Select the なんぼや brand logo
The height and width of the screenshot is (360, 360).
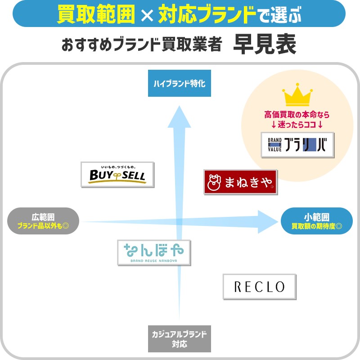coord(153,252)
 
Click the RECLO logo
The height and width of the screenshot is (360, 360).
coord(260,287)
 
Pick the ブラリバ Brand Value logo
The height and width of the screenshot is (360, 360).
coord(297,145)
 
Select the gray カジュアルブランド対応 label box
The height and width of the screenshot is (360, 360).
coord(179,339)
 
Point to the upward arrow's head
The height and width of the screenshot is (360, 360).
coord(179,115)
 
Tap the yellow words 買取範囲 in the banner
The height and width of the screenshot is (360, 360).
coord(96,15)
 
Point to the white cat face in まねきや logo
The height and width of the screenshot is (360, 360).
coord(214,182)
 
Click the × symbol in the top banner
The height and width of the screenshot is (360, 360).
coord(146,16)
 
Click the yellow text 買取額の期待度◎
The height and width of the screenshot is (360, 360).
coord(316,226)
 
